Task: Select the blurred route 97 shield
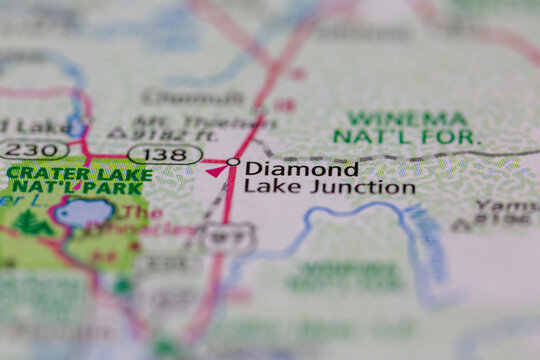(x=222, y=237)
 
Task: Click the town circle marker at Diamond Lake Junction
(x=233, y=162)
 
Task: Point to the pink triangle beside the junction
(x=215, y=171)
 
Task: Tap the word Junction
(x=371, y=186)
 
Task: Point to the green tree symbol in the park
(x=33, y=222)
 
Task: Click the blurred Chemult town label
(x=180, y=97)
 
